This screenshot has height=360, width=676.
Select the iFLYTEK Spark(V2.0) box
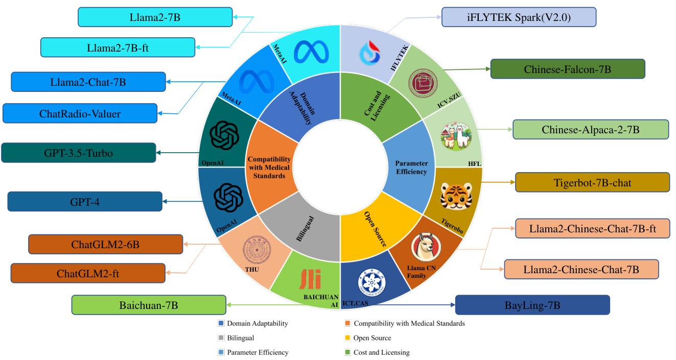(x=519, y=17)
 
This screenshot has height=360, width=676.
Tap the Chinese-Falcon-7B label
(x=567, y=69)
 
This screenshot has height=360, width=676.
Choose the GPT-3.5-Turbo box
(x=79, y=153)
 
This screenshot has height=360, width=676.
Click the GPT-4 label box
(x=85, y=201)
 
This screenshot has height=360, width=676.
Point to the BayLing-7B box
(x=532, y=305)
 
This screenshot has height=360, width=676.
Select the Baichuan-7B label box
(x=149, y=305)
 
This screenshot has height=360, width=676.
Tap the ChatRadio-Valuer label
(x=80, y=113)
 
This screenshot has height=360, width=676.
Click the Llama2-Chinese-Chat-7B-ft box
(x=592, y=228)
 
